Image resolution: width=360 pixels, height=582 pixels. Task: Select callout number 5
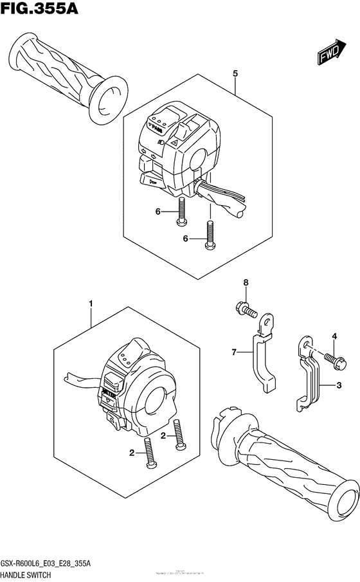tap(236, 74)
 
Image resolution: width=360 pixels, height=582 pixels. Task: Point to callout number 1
tap(91, 302)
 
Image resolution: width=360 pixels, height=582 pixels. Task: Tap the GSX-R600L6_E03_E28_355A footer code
tap(48, 561)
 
